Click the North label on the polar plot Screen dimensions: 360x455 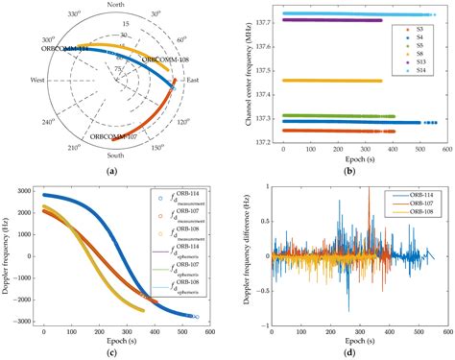[x=117, y=6]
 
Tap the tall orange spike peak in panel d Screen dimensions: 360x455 [x=369, y=189]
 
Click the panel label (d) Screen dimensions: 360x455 [x=348, y=353]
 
